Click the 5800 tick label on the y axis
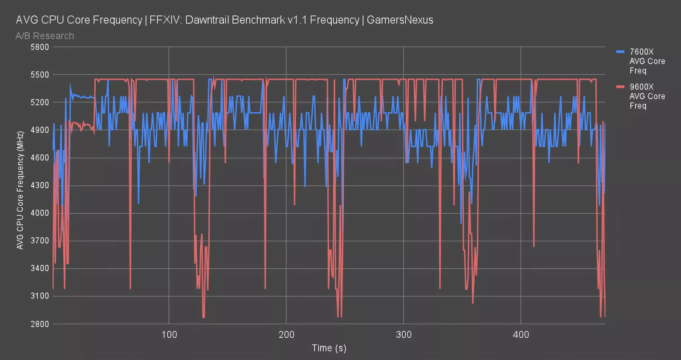tap(40, 47)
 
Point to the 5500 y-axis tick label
tap(40, 75)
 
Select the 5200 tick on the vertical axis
tap(40, 102)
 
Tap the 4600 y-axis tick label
tap(40, 158)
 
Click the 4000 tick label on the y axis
tap(40, 213)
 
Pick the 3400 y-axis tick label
tap(40, 268)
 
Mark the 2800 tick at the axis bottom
tap(40, 324)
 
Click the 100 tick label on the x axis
tap(169, 335)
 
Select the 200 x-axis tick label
tap(286, 335)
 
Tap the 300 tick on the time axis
tap(403, 335)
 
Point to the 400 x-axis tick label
tap(521, 335)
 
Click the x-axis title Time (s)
tap(329, 348)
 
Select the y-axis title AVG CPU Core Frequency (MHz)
tap(20, 190)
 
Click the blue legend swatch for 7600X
tap(620, 52)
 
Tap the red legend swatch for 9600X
tap(620, 87)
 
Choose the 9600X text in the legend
tap(641, 87)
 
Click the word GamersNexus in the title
tap(400, 20)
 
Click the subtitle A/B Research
tap(45, 36)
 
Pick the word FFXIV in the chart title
tap(163, 20)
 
